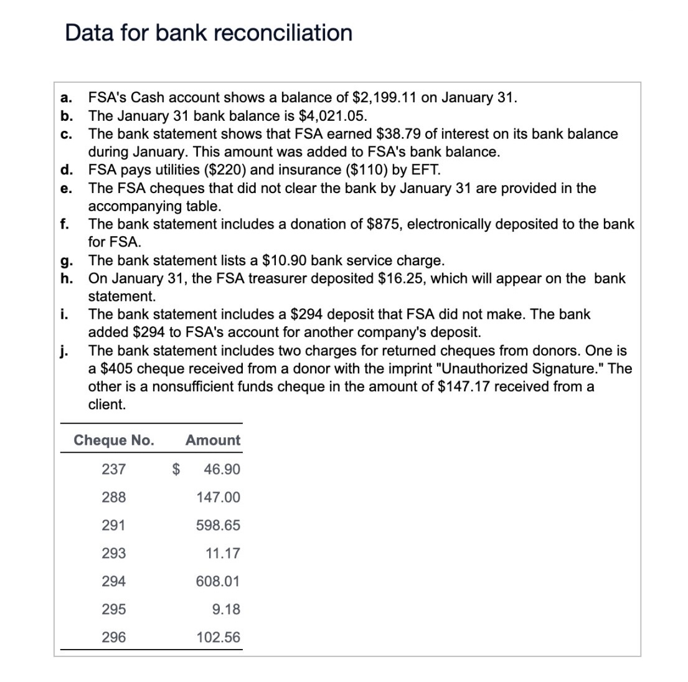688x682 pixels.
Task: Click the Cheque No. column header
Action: [114, 440]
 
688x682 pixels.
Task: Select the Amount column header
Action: [212, 440]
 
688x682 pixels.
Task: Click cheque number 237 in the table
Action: [113, 469]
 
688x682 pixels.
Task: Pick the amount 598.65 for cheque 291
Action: [218, 525]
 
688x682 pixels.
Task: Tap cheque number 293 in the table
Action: [113, 553]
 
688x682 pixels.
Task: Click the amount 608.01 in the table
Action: [218, 581]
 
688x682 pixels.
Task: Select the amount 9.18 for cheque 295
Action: [225, 609]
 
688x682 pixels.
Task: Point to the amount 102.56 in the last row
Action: [218, 637]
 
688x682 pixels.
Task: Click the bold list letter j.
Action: [64, 351]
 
